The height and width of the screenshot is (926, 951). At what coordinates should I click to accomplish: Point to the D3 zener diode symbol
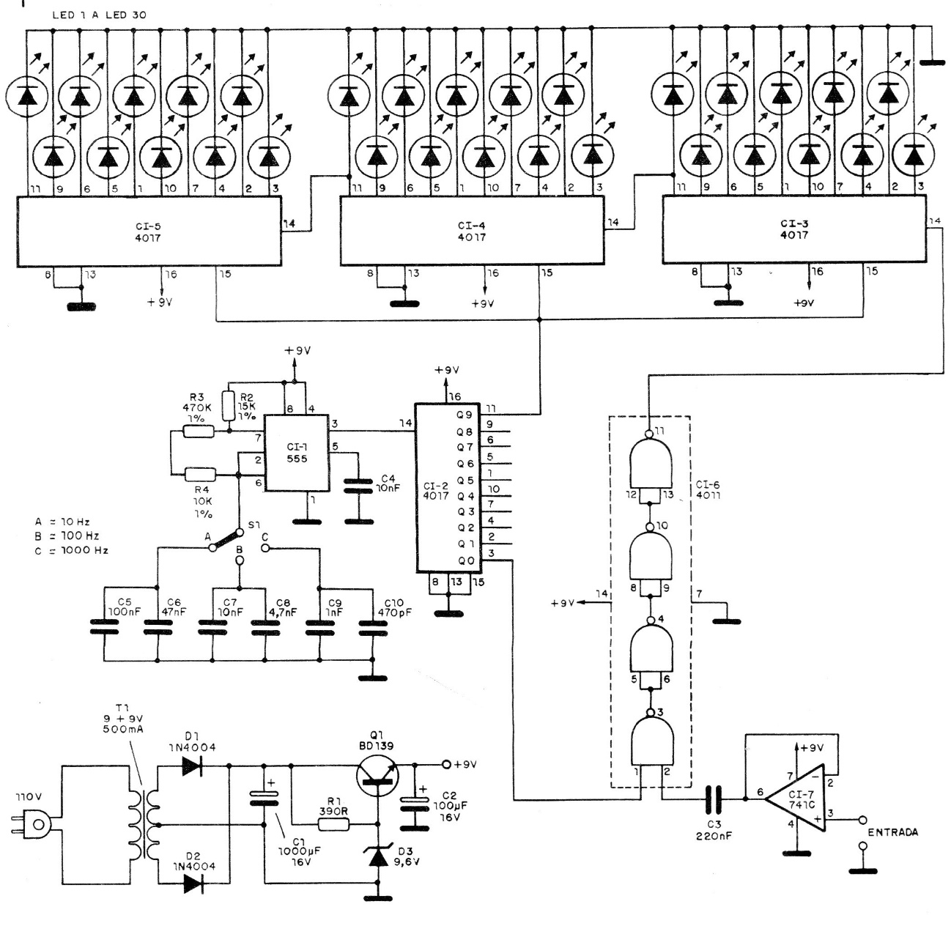tap(378, 856)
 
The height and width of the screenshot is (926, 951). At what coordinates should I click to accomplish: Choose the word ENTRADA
tap(892, 833)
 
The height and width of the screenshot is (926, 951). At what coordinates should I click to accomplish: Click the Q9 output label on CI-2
tap(465, 414)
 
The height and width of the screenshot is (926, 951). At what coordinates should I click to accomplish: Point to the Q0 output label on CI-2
tap(465, 561)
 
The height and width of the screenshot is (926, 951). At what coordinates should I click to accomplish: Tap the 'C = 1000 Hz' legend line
tap(71, 550)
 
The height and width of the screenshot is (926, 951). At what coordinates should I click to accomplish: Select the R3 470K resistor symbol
tap(199, 432)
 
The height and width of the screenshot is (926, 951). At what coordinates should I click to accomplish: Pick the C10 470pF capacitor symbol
tap(371, 626)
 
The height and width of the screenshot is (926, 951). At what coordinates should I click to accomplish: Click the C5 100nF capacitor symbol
tap(104, 626)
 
